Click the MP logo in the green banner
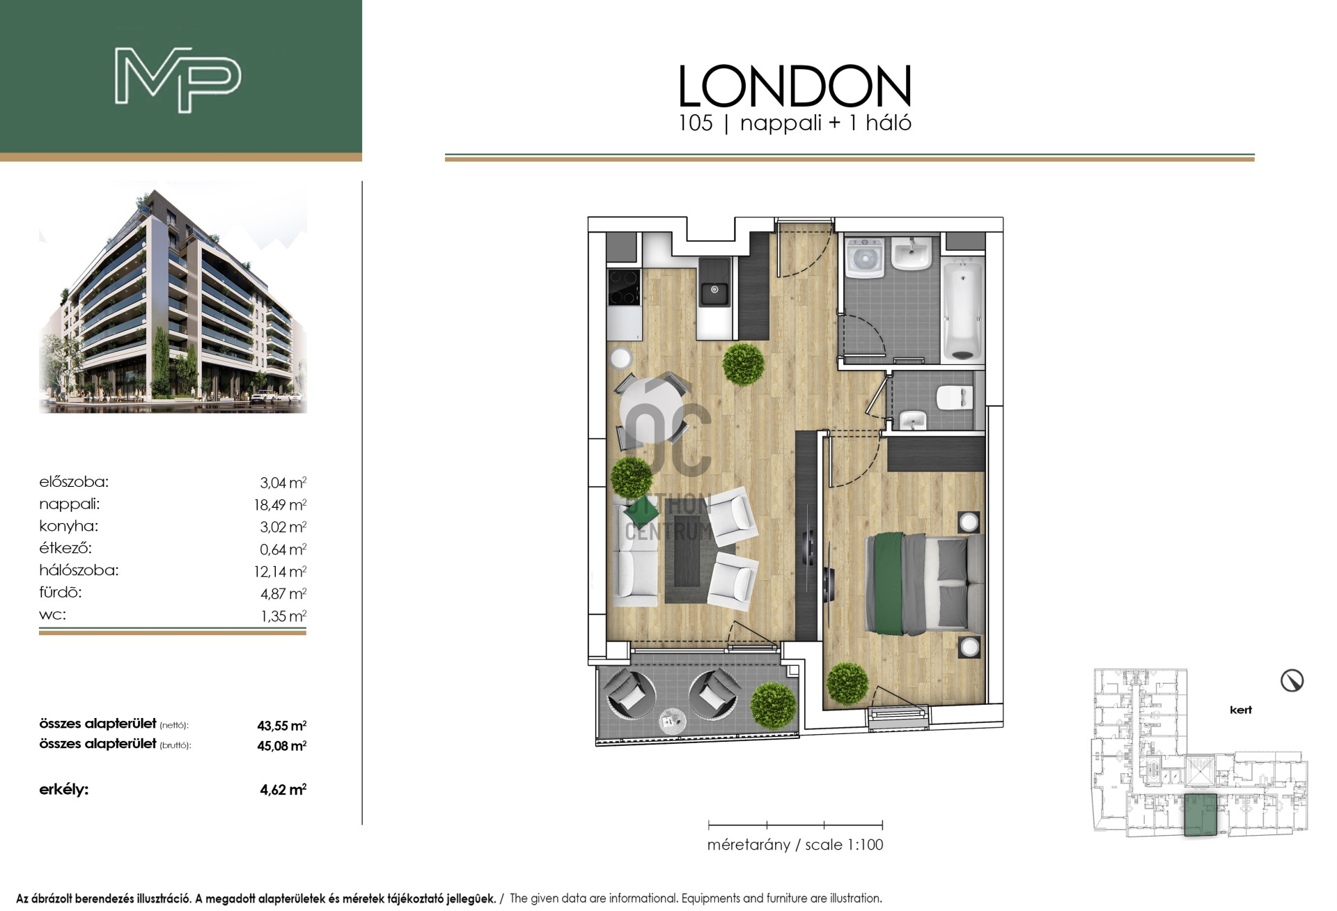coord(178,80)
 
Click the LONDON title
coord(795,86)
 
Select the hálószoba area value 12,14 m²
coord(280,571)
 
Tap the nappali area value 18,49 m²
coord(280,504)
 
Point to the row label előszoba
coord(74,481)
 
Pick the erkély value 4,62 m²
coord(283,789)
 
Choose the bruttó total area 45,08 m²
coord(282,745)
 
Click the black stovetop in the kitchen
coord(624,287)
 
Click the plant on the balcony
coord(774,705)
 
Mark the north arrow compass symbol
coord(1292,680)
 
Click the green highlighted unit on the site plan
coord(1201,814)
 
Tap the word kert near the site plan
coord(1241,710)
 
